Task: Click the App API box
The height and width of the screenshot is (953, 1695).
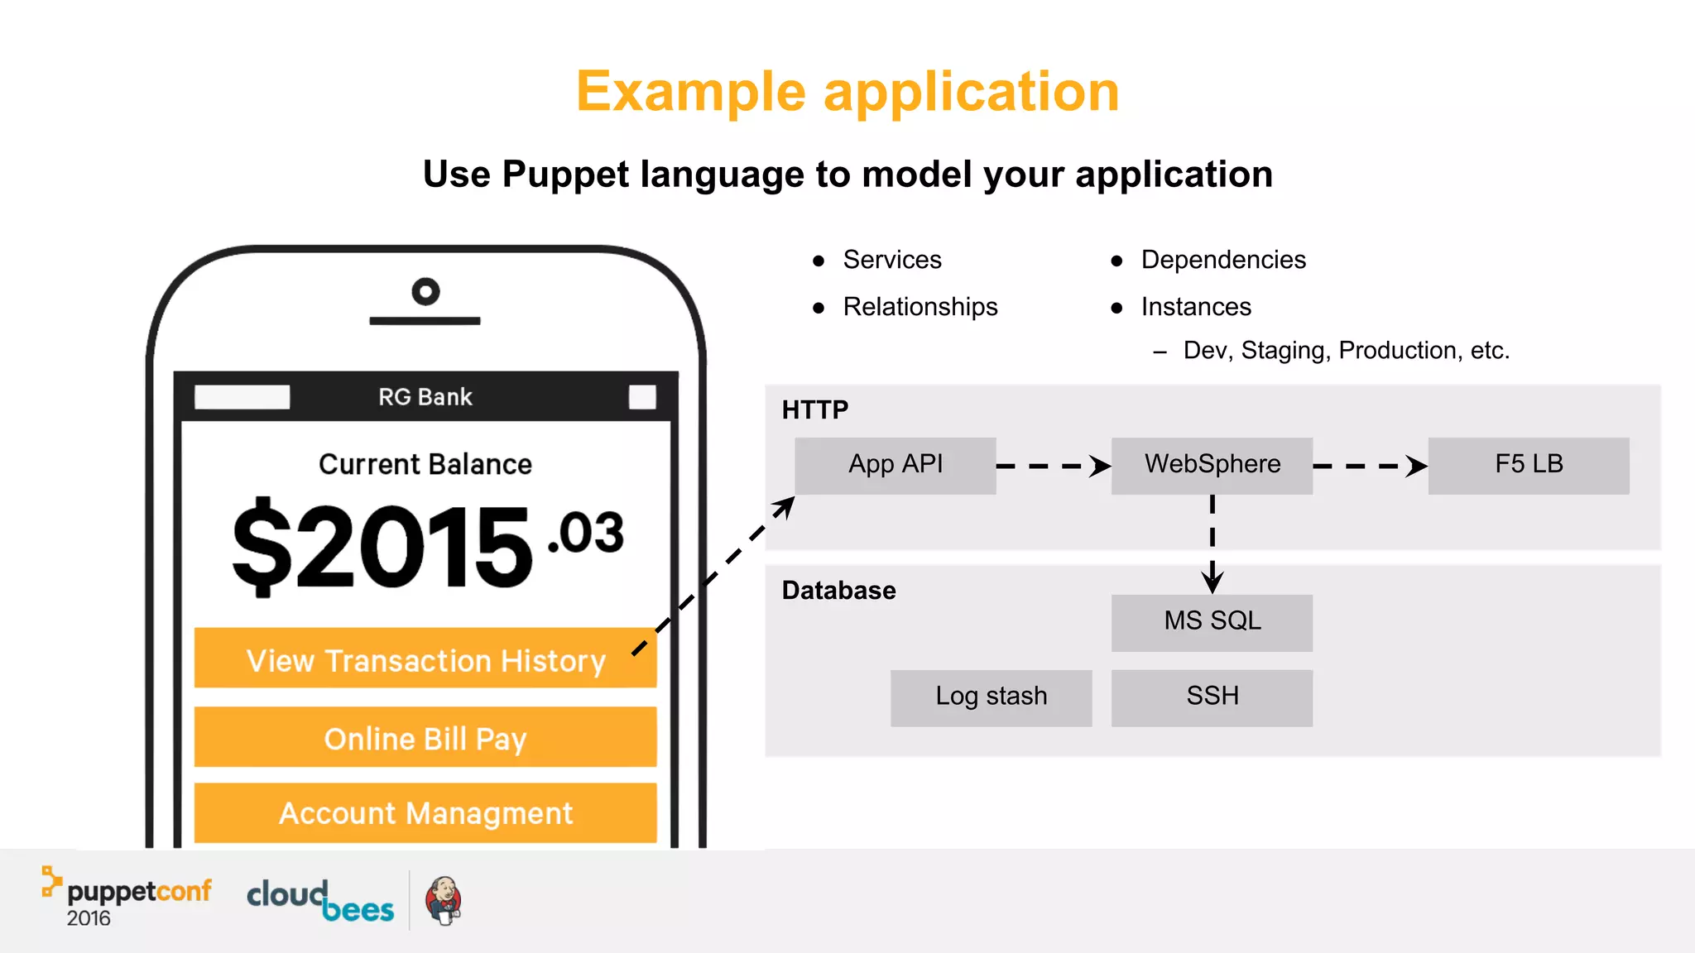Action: [895, 466]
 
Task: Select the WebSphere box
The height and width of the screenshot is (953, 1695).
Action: [1212, 466]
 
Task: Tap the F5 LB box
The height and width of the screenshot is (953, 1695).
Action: [1528, 466]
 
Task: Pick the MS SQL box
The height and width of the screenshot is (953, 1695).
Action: [1212, 622]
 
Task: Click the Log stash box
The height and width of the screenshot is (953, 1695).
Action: [991, 697]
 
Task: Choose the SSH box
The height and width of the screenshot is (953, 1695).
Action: [1212, 697]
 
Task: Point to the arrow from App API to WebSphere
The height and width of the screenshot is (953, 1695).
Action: [1053, 467]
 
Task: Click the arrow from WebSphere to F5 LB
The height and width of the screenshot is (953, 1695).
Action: [1370, 467]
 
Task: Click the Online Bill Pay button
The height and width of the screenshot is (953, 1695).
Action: [425, 737]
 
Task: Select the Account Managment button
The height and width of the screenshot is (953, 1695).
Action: [425, 813]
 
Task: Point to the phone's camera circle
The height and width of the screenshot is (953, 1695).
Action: [425, 291]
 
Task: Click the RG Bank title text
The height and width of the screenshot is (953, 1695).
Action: [425, 397]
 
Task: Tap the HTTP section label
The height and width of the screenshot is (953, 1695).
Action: [815, 410]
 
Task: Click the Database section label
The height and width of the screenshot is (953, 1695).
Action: [838, 591]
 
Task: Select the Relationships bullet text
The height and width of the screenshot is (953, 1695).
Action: [920, 307]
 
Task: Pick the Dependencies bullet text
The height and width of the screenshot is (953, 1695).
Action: [1222, 260]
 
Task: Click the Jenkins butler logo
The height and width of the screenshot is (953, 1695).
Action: [444, 901]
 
